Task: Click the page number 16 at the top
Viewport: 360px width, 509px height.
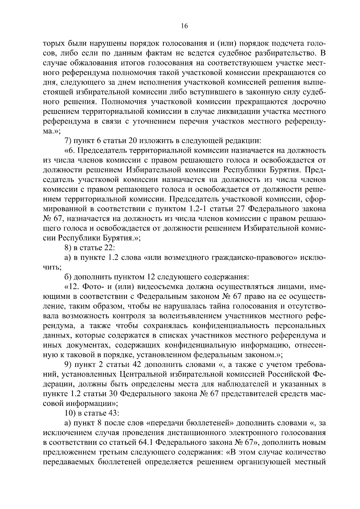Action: [184, 26]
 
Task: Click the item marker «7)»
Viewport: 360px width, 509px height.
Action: [68, 141]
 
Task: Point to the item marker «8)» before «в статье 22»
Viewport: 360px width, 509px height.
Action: [68, 248]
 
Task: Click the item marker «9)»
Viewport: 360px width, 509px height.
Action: [68, 365]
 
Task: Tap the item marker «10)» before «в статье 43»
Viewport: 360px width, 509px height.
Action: [70, 413]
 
